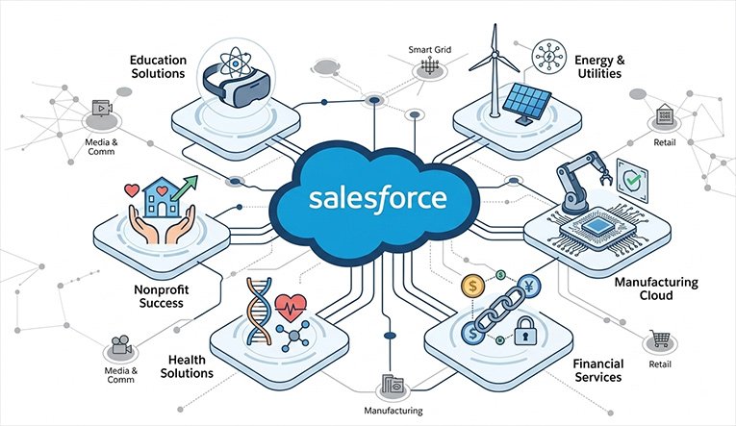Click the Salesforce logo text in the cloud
(377, 199)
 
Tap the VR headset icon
(236, 84)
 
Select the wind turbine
(494, 69)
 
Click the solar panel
(526, 104)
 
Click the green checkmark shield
(632, 181)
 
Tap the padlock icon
(525, 331)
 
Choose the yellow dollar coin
(472, 286)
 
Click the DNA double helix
(260, 312)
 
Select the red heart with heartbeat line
(291, 308)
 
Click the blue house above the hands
(161, 197)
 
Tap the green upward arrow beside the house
(185, 188)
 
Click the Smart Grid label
(429, 50)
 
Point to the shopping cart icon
(660, 338)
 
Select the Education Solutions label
(158, 66)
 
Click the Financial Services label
(598, 370)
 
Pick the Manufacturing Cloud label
(656, 288)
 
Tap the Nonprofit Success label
(162, 296)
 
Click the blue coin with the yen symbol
(530, 286)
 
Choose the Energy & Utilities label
(600, 66)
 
